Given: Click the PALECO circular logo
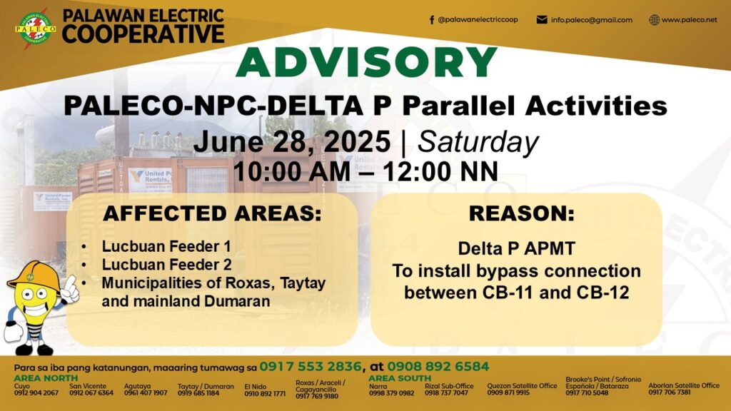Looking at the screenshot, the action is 35,29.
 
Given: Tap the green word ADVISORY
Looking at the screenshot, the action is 366,62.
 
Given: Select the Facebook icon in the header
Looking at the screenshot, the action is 432,20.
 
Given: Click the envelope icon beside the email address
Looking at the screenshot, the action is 542,20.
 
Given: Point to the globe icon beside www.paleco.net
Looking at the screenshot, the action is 655,20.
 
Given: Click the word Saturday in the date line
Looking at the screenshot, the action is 478,142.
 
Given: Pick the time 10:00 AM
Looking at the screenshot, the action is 292,171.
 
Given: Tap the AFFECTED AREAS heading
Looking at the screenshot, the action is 212,214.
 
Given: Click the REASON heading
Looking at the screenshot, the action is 522,214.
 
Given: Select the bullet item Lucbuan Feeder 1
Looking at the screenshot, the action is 166,246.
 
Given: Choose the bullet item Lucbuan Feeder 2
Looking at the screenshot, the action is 166,265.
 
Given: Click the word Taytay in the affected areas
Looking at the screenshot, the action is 303,283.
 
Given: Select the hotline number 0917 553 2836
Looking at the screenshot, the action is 311,367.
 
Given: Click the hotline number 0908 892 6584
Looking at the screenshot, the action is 438,367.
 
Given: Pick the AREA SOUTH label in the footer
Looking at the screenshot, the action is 400,378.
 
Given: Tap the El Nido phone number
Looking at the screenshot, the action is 265,393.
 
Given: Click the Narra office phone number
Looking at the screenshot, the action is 392,393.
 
